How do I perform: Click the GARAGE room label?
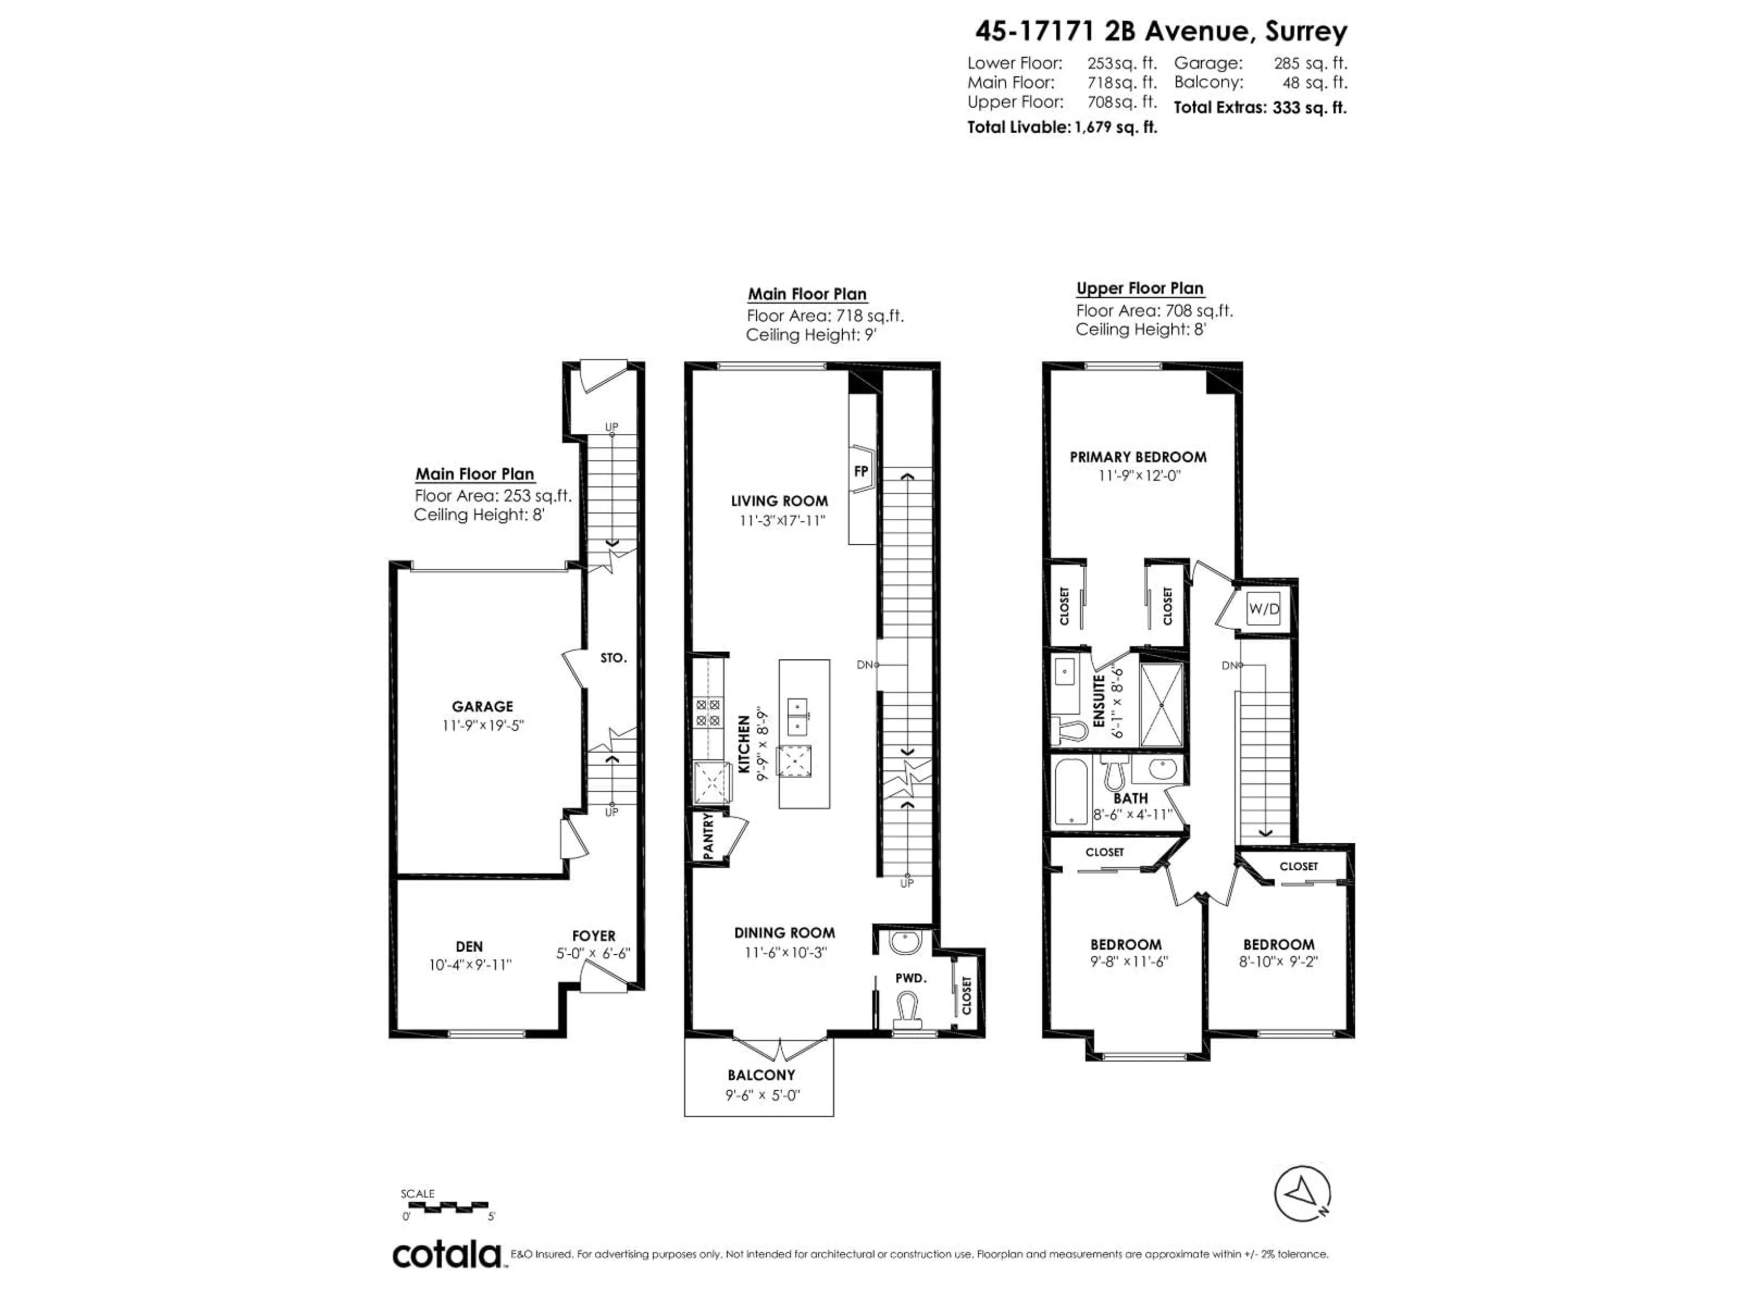click(x=482, y=706)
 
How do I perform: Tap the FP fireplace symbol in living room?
click(x=861, y=470)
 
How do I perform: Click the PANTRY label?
click(x=708, y=836)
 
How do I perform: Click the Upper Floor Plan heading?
click(x=1140, y=289)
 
